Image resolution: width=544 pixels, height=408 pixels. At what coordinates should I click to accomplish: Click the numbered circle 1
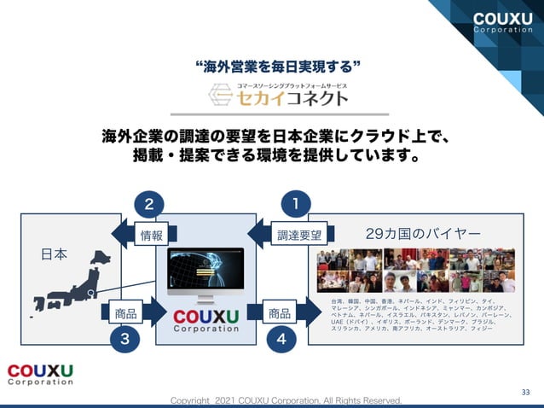pos(295,204)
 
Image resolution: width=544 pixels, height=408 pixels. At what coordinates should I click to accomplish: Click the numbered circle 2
pos(148,204)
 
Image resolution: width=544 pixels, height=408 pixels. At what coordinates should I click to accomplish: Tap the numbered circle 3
pos(125,339)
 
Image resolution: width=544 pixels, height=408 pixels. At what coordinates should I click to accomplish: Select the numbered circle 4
pos(281,339)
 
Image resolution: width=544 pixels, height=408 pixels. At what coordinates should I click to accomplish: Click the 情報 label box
pos(152,235)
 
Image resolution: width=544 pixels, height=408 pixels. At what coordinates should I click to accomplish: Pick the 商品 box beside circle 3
pos(125,313)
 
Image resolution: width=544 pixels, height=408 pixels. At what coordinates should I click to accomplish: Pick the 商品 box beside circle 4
pos(280,313)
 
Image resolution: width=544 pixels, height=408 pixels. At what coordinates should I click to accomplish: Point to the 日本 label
pos(54,254)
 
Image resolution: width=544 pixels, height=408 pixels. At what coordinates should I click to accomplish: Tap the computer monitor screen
pos(205,271)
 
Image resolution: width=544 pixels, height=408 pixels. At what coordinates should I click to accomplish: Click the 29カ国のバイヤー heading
pos(422,233)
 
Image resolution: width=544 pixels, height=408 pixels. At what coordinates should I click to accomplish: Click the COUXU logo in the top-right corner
pos(502,23)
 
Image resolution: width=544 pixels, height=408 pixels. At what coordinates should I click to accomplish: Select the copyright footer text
pos(285,400)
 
